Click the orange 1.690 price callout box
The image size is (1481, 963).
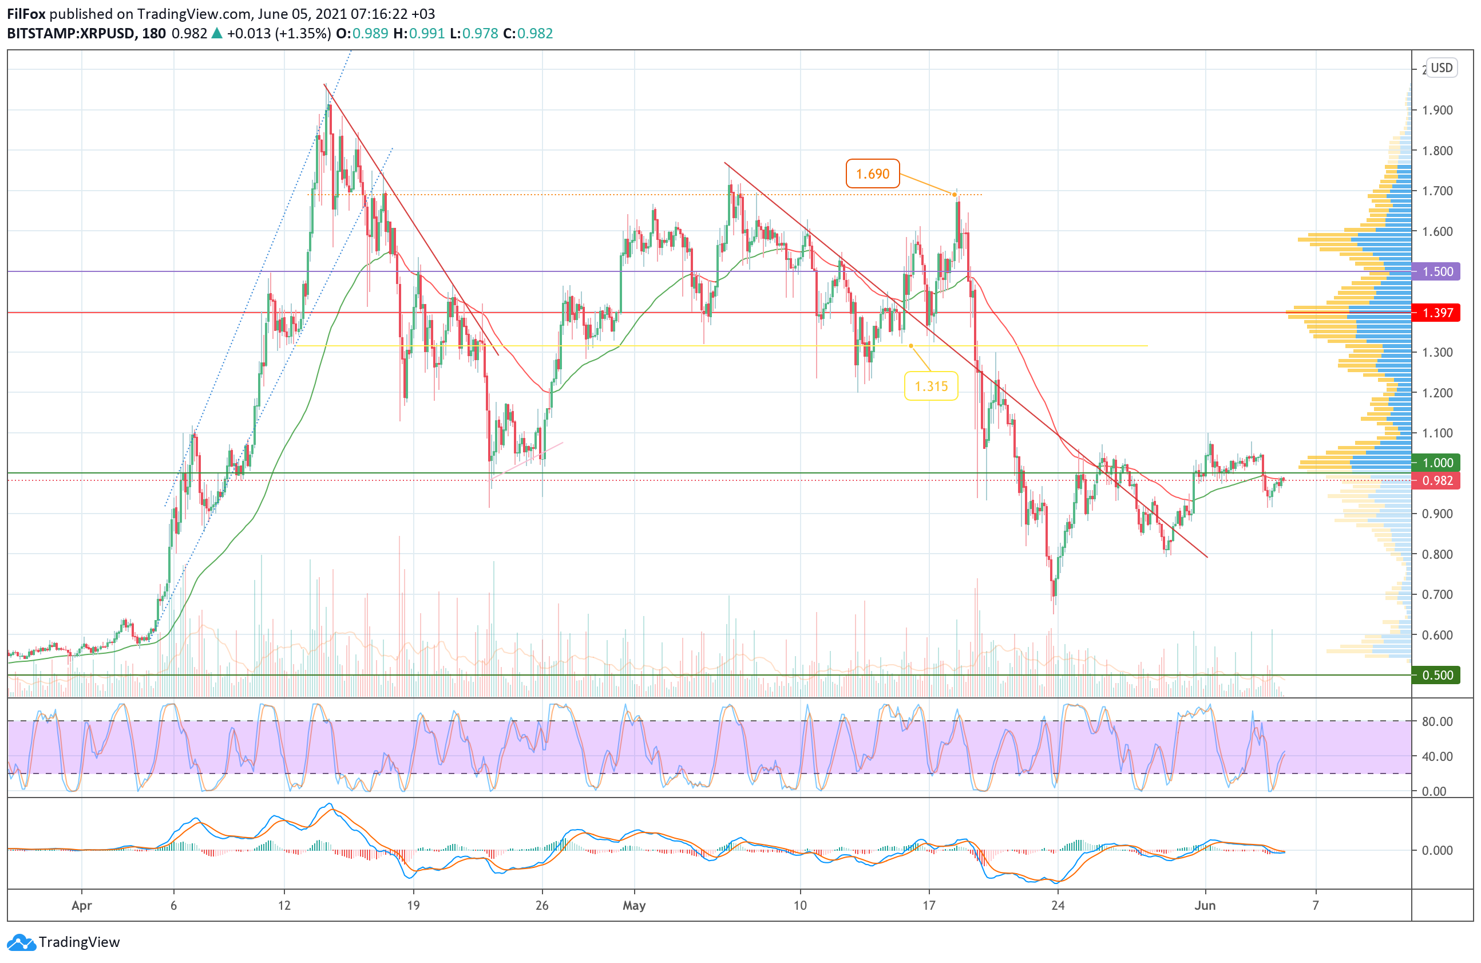coord(873,173)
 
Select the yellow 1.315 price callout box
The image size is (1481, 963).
coord(930,386)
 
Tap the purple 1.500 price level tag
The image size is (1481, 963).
coord(1437,271)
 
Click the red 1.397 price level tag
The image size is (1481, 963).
coord(1437,313)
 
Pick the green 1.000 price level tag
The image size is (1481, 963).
coord(1437,463)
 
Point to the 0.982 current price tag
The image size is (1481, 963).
coord(1437,480)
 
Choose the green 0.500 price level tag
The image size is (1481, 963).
coord(1437,675)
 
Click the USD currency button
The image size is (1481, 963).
coord(1441,67)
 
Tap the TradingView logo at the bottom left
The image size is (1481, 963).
coord(64,942)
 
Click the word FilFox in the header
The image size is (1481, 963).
coord(26,14)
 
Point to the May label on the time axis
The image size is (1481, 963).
coord(634,905)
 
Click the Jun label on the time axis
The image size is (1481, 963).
coord(1205,905)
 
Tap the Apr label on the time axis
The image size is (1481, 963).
coord(81,905)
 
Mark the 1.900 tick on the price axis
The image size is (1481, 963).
coord(1437,110)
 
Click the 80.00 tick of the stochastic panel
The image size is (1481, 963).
coord(1437,721)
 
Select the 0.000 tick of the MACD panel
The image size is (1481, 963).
coord(1437,850)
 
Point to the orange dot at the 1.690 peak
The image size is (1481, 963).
coord(955,195)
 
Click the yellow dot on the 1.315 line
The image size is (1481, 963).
coord(911,346)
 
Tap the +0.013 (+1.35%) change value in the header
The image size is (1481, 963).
coord(278,34)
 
